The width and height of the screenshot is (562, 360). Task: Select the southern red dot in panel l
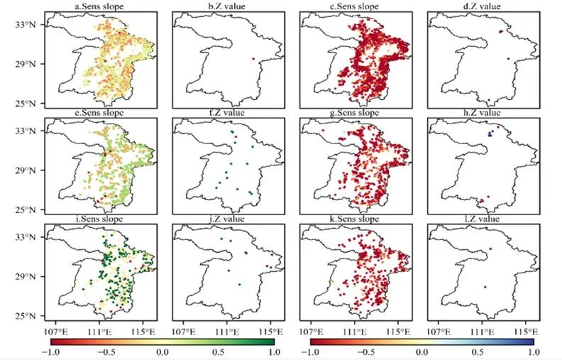485,288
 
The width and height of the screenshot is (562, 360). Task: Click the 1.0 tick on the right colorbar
532,353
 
